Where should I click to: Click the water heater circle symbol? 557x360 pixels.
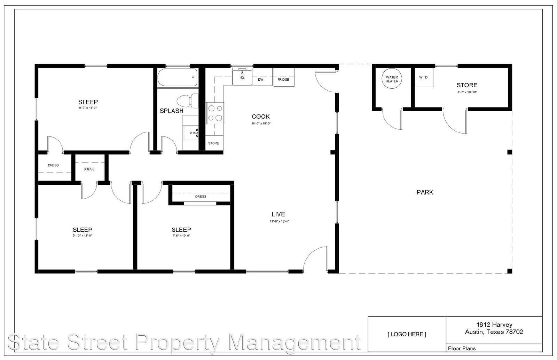coord(392,79)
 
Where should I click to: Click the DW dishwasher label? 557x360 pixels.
coord(260,80)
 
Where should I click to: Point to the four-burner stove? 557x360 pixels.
coord(215,113)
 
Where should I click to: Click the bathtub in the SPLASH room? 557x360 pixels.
coord(177,77)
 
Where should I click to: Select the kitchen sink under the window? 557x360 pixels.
coord(242,77)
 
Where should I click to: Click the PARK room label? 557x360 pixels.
coord(425,192)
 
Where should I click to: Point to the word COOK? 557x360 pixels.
coord(261,117)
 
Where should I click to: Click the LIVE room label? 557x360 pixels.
coord(278,214)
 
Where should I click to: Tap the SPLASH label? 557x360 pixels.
coord(171,111)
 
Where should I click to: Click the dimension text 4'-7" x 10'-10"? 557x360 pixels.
coord(467,92)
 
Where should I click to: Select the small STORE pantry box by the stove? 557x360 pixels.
coord(214,143)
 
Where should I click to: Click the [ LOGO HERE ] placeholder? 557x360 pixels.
coord(407,334)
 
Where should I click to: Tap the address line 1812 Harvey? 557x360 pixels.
coord(494,325)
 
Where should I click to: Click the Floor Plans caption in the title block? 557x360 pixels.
coord(462,348)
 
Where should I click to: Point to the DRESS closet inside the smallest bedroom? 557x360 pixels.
coord(201,197)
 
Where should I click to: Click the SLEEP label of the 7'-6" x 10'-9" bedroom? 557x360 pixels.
coord(181,230)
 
